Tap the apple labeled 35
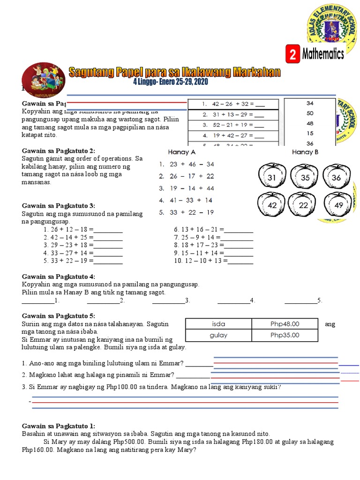click(x=306, y=178)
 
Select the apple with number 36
click(x=336, y=178)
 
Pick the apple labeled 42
click(x=272, y=205)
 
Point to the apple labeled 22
click(x=304, y=205)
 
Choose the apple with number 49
click(x=338, y=205)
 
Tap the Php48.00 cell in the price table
click(x=285, y=323)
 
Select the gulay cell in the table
click(x=218, y=335)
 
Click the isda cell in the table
click(x=218, y=323)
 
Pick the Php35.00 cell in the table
click(x=285, y=335)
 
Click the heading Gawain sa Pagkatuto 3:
click(x=59, y=205)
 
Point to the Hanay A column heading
click(x=181, y=152)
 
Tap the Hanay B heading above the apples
click(x=305, y=152)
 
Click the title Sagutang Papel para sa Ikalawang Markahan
click(x=174, y=72)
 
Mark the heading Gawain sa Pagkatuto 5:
click(x=59, y=316)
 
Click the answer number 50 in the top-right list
click(x=310, y=113)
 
